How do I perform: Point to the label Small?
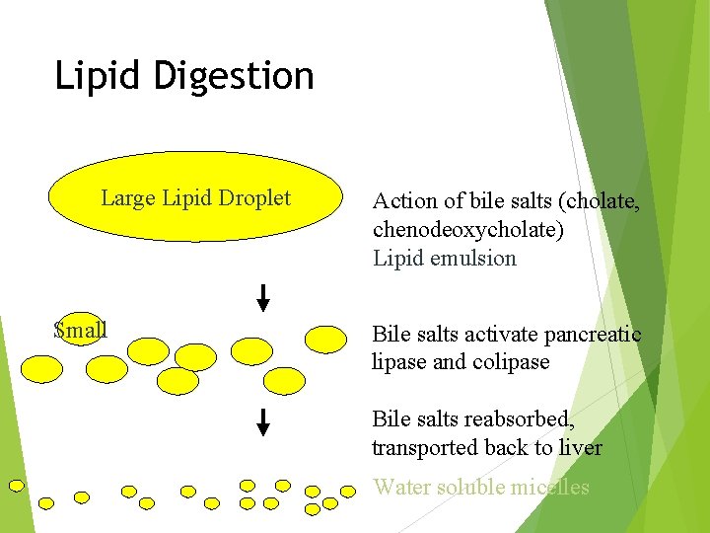[x=80, y=330]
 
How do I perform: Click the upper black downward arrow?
[x=263, y=296]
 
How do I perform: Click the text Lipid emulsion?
[x=444, y=259]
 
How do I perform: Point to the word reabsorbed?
[x=518, y=419]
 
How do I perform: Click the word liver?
[x=580, y=448]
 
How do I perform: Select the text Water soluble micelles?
[x=480, y=487]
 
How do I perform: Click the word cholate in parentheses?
[x=602, y=201]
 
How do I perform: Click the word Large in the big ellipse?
[x=128, y=198]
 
